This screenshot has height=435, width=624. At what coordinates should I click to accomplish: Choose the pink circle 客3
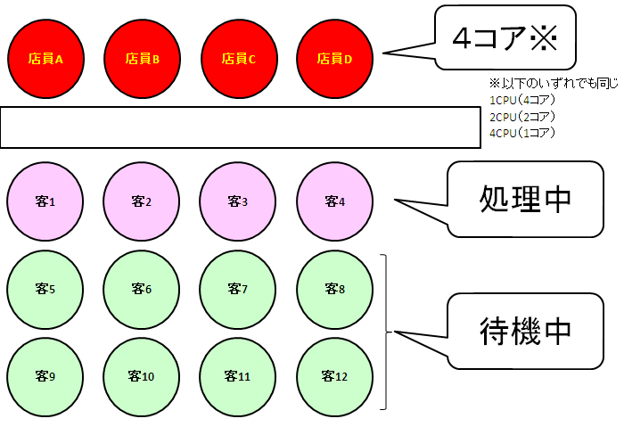tap(238, 201)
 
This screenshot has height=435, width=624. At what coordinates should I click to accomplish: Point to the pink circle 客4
tap(334, 201)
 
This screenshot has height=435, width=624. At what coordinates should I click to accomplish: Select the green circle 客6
tap(142, 289)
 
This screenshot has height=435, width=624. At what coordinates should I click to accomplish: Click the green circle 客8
tap(334, 289)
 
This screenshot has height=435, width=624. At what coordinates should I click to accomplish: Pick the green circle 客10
tap(142, 375)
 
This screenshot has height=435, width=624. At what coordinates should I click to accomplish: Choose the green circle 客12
tap(334, 375)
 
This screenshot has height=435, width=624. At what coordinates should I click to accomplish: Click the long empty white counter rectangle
tap(240, 127)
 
